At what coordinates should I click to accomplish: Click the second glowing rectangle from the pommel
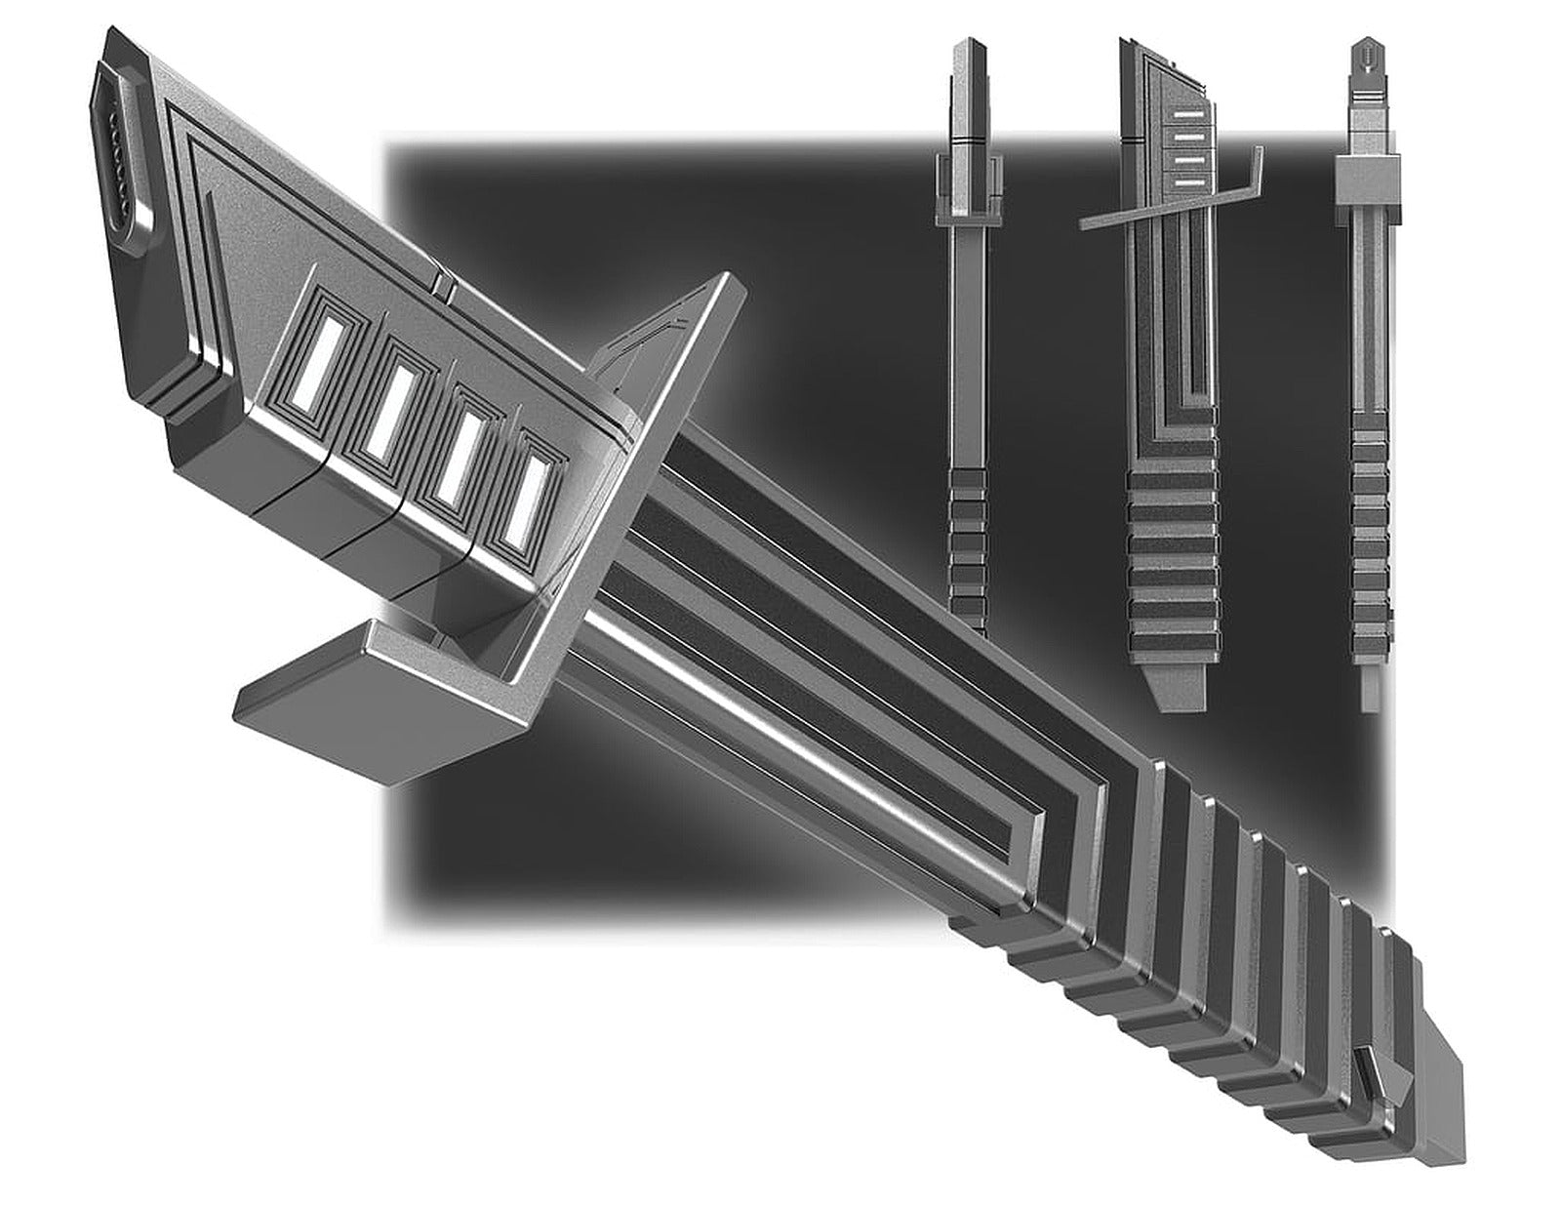coord(385,409)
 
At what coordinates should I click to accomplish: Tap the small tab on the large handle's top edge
coord(441,285)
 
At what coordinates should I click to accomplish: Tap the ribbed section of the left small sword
coord(968,546)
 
